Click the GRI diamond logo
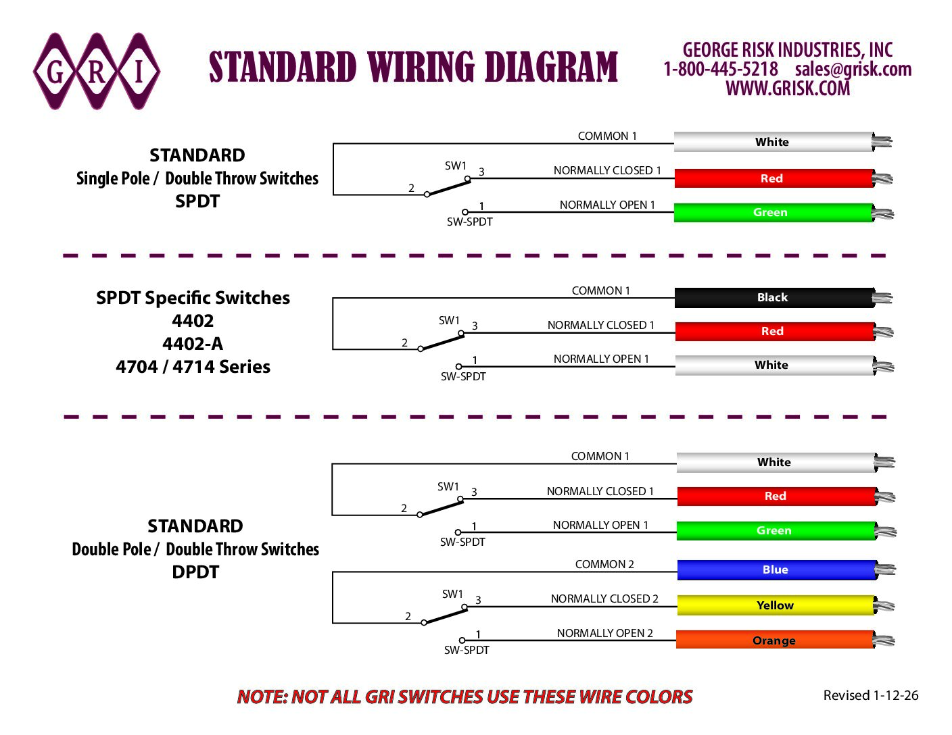97,72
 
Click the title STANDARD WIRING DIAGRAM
413,68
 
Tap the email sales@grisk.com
853,69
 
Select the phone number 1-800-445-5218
721,69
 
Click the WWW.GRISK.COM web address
788,88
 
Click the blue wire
776,570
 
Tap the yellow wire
776,605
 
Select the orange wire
774,640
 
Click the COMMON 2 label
604,564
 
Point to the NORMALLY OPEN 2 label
604,633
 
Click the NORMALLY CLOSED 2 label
604,599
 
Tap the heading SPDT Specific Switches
193,298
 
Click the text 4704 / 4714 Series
193,367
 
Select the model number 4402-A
193,344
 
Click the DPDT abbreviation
195,572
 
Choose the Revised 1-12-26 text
871,695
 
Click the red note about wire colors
465,696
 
